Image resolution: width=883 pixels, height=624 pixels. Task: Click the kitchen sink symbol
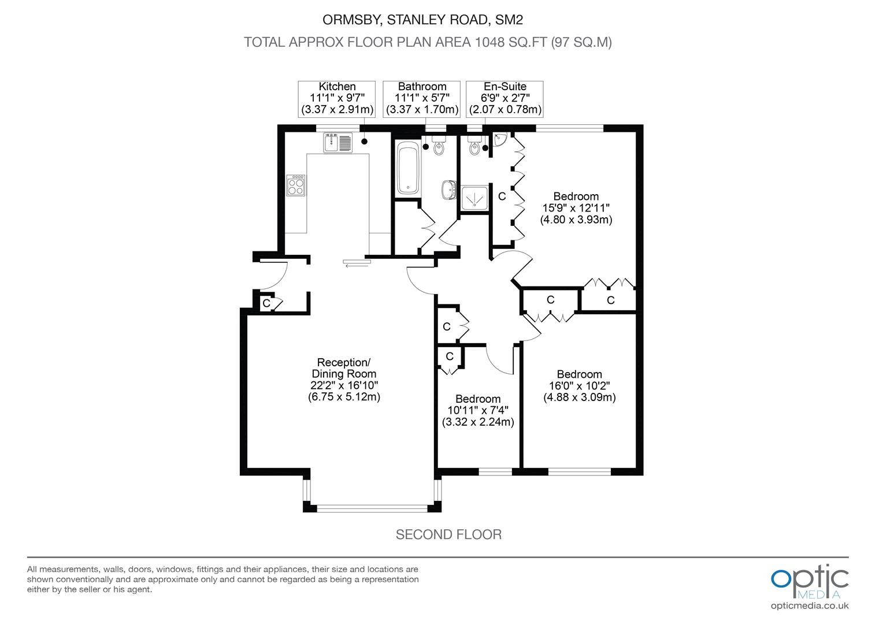pyautogui.click(x=338, y=142)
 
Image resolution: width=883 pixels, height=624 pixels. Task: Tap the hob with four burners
pyautogui.click(x=296, y=185)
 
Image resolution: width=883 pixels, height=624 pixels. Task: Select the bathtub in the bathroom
pyautogui.click(x=408, y=169)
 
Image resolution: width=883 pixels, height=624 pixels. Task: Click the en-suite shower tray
pyautogui.click(x=474, y=198)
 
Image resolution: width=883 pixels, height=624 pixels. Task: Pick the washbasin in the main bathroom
pyautogui.click(x=448, y=190)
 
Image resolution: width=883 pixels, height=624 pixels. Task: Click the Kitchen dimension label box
pyautogui.click(x=337, y=99)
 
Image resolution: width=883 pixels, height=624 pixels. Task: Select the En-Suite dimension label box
pyautogui.click(x=504, y=99)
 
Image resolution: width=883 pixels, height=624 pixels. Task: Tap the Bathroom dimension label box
pyautogui.click(x=421, y=99)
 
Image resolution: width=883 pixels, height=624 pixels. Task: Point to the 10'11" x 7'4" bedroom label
pyautogui.click(x=478, y=410)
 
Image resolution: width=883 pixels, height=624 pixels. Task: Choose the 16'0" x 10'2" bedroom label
pyautogui.click(x=580, y=385)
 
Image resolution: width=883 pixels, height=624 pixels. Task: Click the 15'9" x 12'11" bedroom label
pyautogui.click(x=576, y=208)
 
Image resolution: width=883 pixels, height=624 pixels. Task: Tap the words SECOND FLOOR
pyautogui.click(x=448, y=534)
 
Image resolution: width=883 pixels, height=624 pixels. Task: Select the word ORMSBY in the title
pyautogui.click(x=351, y=20)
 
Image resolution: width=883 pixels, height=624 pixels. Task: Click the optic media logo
pyautogui.click(x=810, y=581)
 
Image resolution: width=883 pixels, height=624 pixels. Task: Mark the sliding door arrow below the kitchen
pyautogui.click(x=357, y=266)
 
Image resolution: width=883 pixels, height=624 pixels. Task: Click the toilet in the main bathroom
pyautogui.click(x=439, y=145)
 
